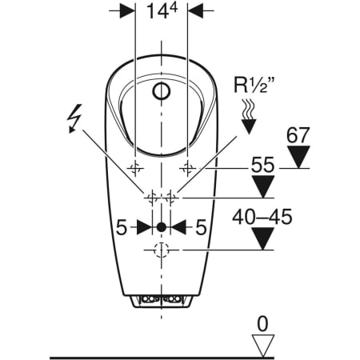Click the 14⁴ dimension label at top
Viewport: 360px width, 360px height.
coord(162,13)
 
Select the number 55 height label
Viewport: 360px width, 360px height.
coord(258,166)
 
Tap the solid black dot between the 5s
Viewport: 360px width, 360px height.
coord(162,227)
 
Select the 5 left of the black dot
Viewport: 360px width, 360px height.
coord(122,227)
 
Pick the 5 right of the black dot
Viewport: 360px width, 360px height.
coord(202,227)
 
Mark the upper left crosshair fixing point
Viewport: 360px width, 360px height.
coord(134,167)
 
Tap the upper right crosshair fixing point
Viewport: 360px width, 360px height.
coord(190,167)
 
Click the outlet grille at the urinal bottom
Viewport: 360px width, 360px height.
coord(162,300)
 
